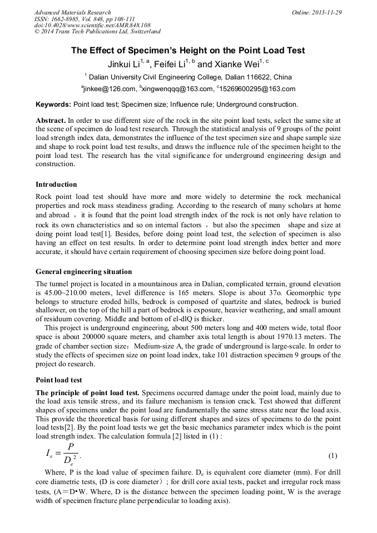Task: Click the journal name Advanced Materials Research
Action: coord(72,12)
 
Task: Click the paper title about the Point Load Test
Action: coord(188,51)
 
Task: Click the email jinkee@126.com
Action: coord(110,89)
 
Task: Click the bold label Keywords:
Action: coord(53,104)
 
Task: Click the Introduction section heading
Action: coord(56,185)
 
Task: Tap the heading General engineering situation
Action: coord(83,272)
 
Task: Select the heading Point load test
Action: coord(58,380)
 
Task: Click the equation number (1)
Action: coord(333,456)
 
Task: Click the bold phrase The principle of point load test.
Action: coord(87,393)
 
